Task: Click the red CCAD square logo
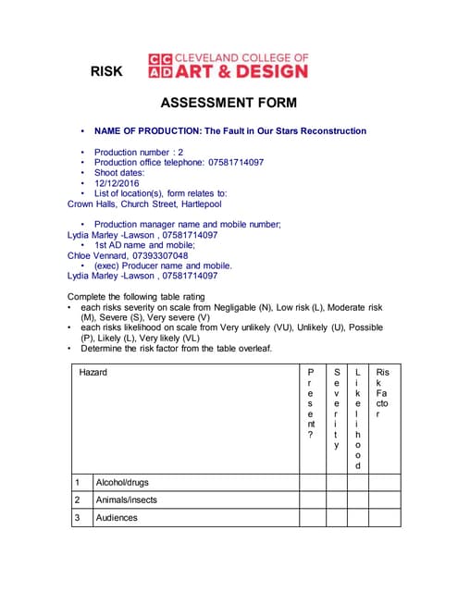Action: point(160,65)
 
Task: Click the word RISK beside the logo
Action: point(106,71)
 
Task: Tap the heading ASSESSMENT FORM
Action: point(229,103)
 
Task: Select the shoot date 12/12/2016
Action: point(117,184)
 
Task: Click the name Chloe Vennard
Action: point(96,255)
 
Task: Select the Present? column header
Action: point(311,402)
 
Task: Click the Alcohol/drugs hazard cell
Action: point(122,482)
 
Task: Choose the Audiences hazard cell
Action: point(117,517)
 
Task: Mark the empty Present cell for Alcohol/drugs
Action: point(311,482)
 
